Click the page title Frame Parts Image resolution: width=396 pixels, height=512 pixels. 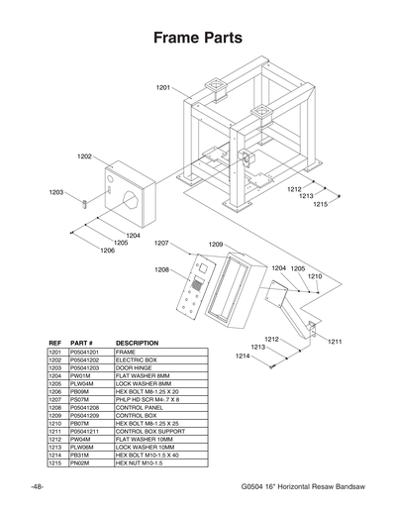tap(198, 39)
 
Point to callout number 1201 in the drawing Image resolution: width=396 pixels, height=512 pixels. tap(163, 88)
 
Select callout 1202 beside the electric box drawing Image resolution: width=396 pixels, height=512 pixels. tap(85, 156)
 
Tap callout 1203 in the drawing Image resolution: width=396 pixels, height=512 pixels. tap(56, 192)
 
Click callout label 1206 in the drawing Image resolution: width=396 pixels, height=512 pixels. tap(108, 251)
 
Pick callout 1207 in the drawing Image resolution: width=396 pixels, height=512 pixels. tap(162, 243)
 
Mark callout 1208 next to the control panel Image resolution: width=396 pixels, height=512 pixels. tap(162, 269)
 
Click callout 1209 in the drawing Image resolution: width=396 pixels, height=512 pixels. tap(215, 244)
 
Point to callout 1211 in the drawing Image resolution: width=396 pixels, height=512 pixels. tap(335, 342)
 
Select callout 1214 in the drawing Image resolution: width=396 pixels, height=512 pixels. tap(243, 356)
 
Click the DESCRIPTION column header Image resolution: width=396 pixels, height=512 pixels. tap(138, 343)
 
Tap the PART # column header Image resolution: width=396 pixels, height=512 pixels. tap(81, 343)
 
